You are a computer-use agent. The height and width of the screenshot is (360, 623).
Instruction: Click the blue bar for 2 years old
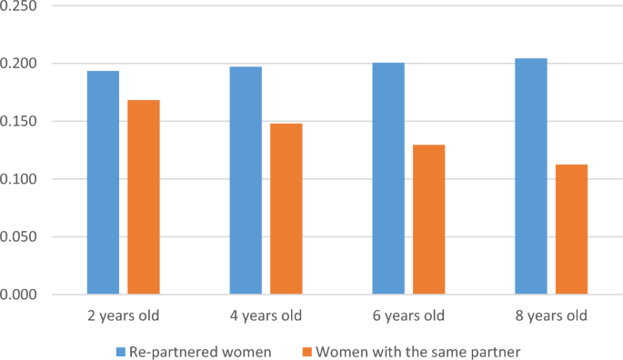tap(103, 183)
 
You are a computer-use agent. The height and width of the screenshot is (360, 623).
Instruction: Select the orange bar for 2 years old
tap(144, 197)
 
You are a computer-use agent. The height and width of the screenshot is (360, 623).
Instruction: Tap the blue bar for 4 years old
tap(246, 181)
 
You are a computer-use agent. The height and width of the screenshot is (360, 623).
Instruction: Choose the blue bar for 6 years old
tap(388, 179)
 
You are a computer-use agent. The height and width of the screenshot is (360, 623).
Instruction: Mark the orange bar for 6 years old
tap(428, 219)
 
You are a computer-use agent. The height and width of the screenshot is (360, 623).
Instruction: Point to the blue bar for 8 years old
tap(531, 176)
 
